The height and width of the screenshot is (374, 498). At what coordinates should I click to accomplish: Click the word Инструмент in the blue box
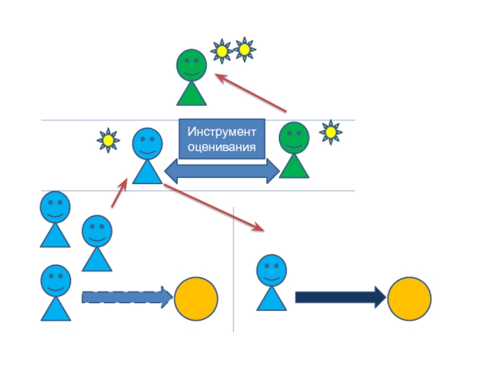(222, 133)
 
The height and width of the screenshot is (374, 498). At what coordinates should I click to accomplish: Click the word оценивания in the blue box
(222, 148)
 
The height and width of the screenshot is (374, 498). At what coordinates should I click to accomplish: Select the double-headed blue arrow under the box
(222, 170)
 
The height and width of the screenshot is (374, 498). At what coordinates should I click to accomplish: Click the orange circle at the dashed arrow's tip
(196, 299)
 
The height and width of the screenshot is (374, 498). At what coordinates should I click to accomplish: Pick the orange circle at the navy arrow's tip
(409, 299)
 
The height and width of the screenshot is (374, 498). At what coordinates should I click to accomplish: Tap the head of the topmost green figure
(191, 65)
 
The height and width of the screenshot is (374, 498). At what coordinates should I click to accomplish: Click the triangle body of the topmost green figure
(191, 93)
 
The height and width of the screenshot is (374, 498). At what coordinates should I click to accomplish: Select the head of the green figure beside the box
(294, 138)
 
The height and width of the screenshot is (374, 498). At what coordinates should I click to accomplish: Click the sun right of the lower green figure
(331, 132)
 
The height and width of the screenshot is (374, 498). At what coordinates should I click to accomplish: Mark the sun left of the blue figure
(108, 141)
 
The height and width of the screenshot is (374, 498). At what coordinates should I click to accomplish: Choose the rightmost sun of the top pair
(245, 49)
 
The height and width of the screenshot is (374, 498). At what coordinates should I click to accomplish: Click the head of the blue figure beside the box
(148, 144)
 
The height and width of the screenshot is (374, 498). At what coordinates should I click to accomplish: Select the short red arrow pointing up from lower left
(120, 193)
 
